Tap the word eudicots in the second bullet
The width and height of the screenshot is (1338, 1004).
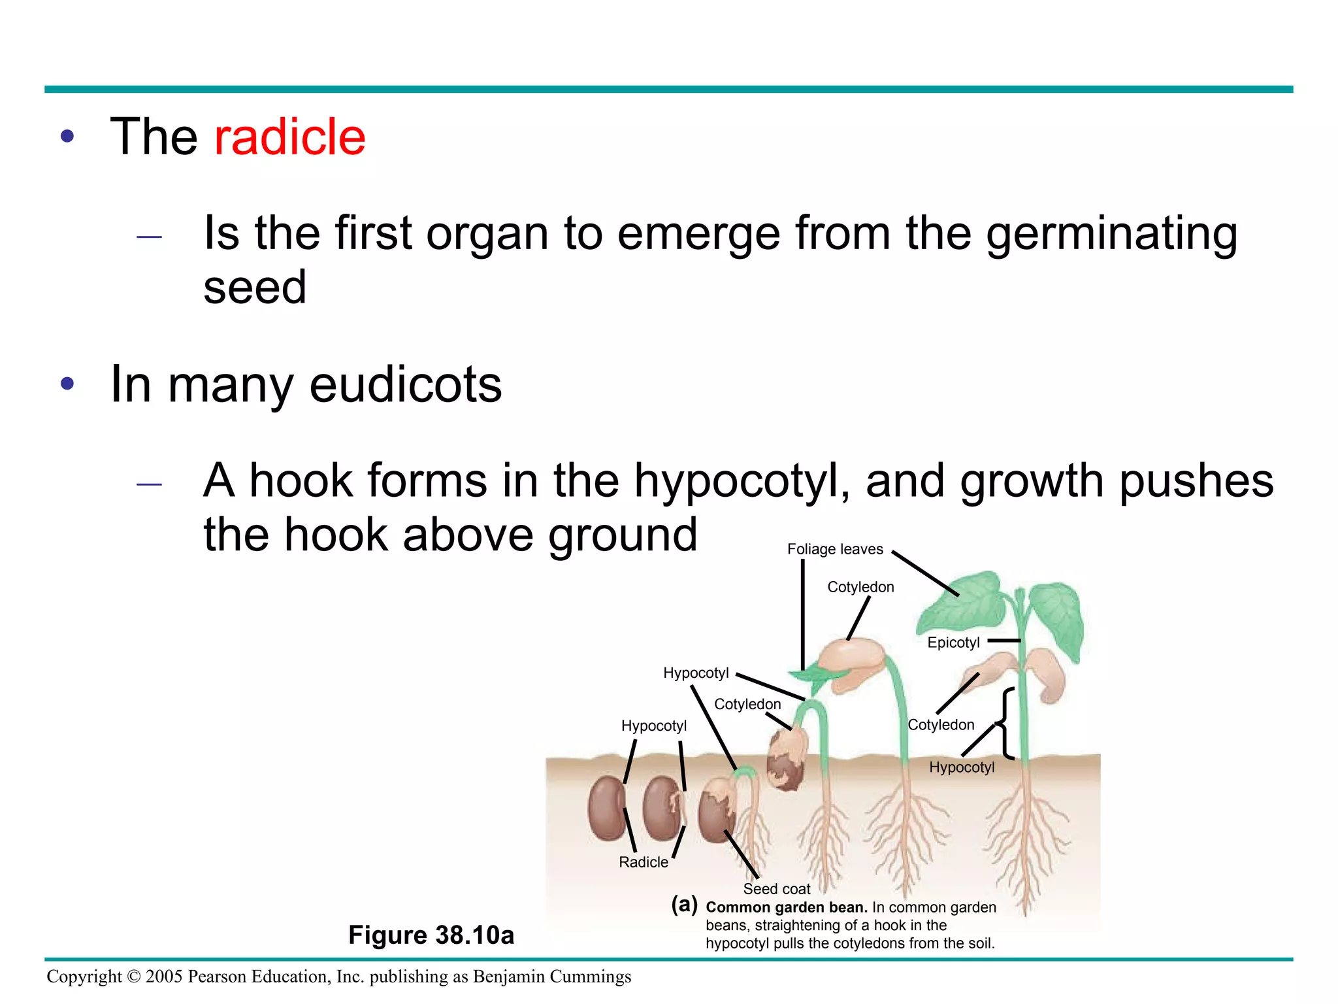click(x=405, y=384)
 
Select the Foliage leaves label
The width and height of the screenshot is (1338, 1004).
click(x=834, y=549)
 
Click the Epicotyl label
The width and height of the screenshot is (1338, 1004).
click(x=953, y=643)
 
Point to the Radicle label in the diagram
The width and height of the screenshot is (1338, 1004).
click(x=643, y=862)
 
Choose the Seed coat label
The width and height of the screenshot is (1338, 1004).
click(x=776, y=889)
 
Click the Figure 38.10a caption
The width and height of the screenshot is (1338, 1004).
click(x=431, y=935)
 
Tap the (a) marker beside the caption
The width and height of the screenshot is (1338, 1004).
click(x=684, y=905)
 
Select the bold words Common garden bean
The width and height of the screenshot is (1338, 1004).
click(x=786, y=907)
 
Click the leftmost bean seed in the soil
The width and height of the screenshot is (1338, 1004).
click(x=606, y=809)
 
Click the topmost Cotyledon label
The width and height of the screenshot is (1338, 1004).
click(x=860, y=587)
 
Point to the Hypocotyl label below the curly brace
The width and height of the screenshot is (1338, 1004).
click(x=962, y=767)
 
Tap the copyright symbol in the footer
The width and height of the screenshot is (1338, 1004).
click(x=133, y=977)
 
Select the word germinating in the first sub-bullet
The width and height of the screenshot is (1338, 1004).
click(x=1111, y=234)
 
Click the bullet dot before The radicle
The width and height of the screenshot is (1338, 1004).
click(x=67, y=137)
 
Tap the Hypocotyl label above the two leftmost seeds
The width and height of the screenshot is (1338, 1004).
click(x=653, y=726)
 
